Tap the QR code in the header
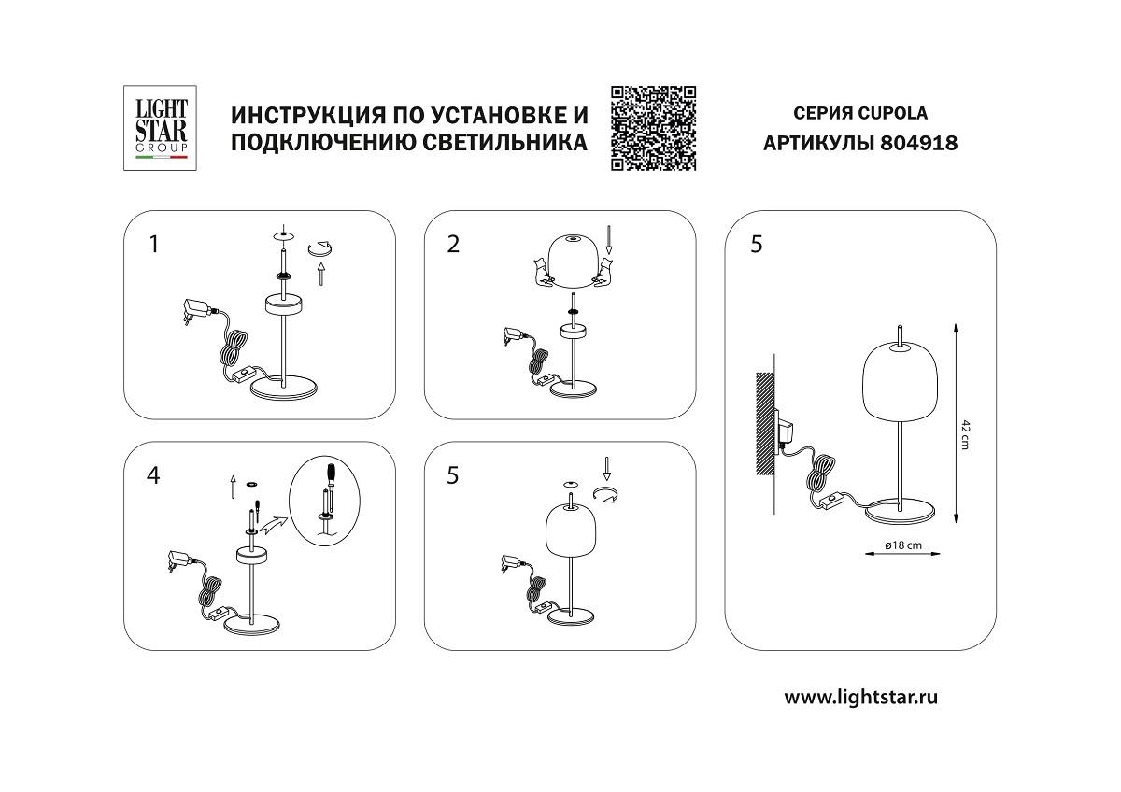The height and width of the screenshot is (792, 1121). coord(654,128)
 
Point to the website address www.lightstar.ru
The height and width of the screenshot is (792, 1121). coord(860,697)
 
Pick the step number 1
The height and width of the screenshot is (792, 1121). coord(154,245)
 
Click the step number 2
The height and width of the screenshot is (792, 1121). coord(454,245)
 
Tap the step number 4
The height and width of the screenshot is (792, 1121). coord(154,475)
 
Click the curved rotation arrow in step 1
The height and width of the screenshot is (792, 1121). coord(322,247)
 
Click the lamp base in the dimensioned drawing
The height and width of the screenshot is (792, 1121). coord(900,513)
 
